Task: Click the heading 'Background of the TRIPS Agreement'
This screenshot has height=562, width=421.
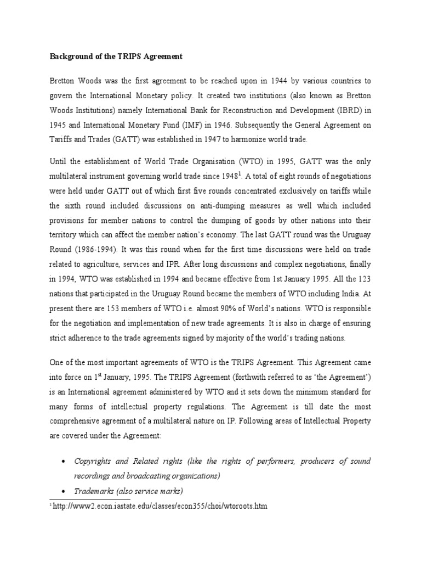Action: [117, 57]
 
